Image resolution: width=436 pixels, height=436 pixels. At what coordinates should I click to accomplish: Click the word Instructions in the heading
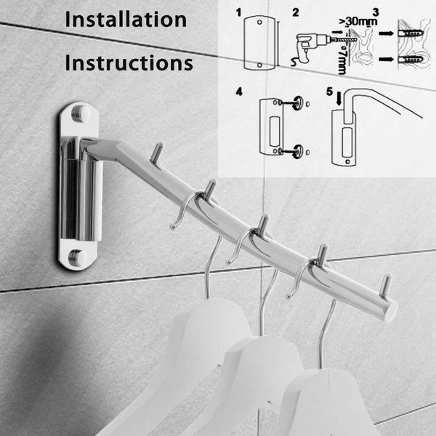click(x=129, y=62)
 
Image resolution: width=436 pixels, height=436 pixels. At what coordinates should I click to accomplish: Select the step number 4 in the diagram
click(x=240, y=92)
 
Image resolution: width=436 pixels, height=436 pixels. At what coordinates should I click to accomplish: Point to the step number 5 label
click(x=331, y=92)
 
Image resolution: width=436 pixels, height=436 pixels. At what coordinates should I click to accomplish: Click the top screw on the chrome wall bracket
click(x=80, y=113)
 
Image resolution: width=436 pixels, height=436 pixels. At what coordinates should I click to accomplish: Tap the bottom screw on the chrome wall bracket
click(x=77, y=257)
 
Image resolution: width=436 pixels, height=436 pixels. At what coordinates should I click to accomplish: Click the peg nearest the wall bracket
click(x=156, y=152)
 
